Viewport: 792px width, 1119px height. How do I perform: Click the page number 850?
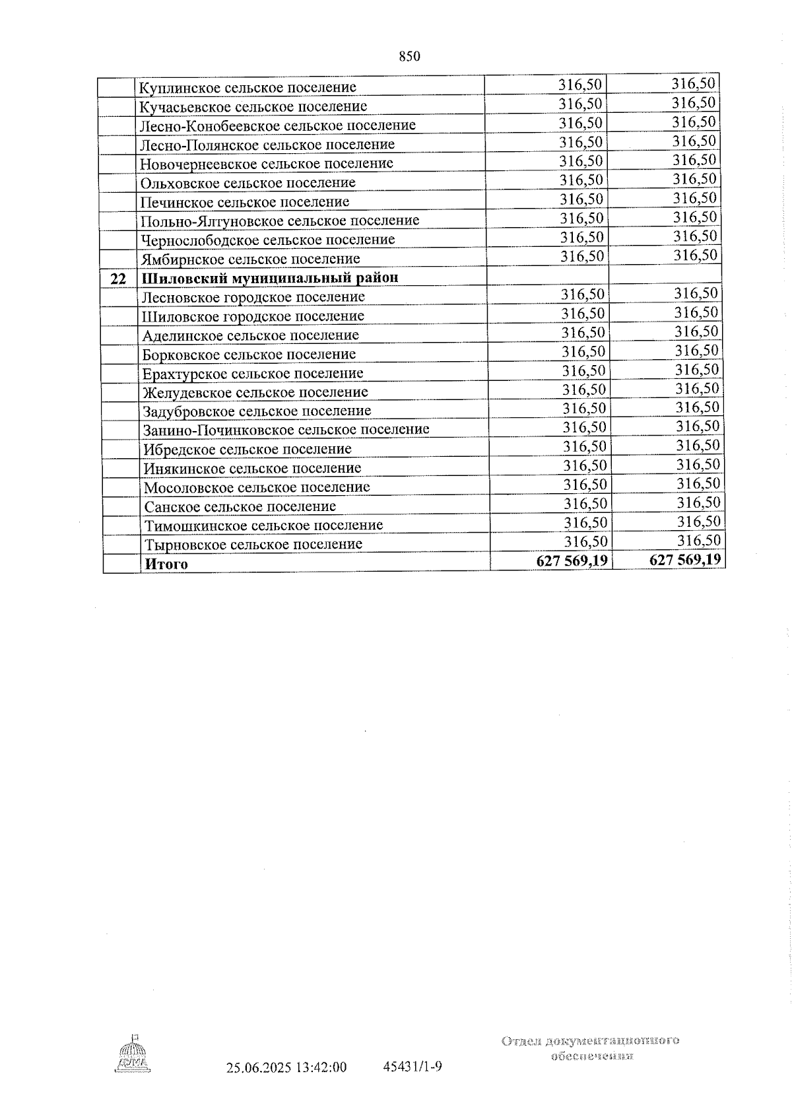(x=409, y=57)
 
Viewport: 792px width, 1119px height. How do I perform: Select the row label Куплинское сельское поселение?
(x=248, y=87)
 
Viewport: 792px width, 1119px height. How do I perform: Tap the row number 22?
(x=118, y=279)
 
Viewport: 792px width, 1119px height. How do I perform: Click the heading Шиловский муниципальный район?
(x=270, y=277)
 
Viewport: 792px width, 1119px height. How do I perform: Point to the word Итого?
(x=166, y=564)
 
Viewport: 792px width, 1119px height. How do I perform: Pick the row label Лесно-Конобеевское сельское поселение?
(x=277, y=125)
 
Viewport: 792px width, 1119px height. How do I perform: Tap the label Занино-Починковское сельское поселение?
(x=286, y=430)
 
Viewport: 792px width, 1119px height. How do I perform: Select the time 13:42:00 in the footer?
(x=321, y=1068)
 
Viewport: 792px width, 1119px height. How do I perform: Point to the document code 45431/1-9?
(x=412, y=1067)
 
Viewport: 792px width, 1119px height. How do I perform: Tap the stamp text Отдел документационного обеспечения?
(x=591, y=1048)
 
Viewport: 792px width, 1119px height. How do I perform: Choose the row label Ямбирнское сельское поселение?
(x=251, y=259)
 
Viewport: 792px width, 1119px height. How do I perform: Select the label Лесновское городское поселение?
(x=253, y=297)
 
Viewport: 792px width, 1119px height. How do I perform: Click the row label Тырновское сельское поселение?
(x=253, y=545)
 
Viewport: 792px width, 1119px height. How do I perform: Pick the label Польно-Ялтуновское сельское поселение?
(x=280, y=220)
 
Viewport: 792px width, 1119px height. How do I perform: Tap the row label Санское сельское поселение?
(x=240, y=506)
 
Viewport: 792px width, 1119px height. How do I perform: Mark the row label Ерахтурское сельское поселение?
(x=253, y=374)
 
